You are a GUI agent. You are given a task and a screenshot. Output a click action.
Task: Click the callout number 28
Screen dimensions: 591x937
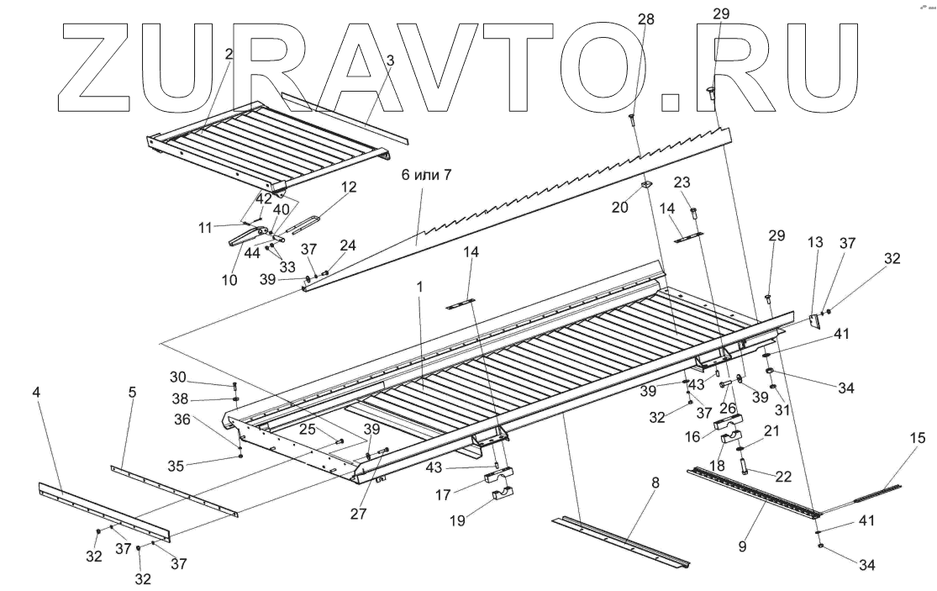coord(645,19)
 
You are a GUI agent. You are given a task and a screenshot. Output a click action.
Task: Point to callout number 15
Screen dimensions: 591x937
coord(916,437)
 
